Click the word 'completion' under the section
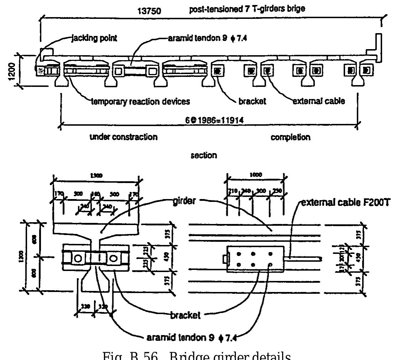pyautogui.click(x=291, y=137)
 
